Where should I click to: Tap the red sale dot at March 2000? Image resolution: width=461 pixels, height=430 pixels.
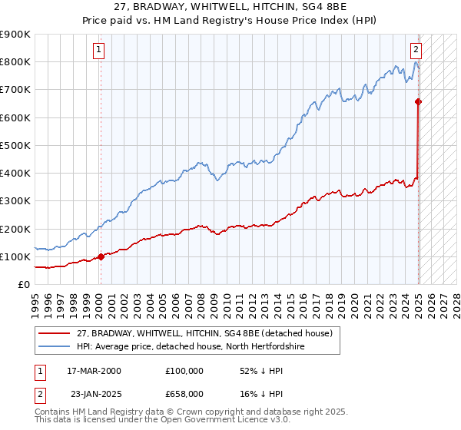click(101, 256)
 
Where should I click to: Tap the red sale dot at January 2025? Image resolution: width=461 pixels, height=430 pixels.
click(418, 101)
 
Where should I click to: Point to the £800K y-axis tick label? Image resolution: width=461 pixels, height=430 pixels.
click(15, 62)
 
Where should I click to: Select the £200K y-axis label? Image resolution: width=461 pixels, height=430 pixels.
click(15, 229)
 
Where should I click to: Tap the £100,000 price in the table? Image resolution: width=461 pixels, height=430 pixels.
click(184, 370)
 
